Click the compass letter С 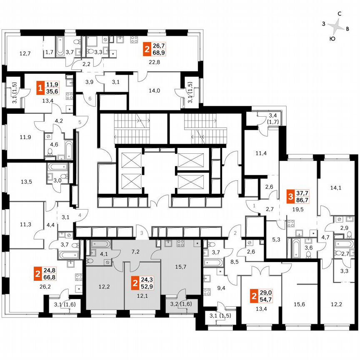point(340,14)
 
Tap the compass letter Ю point(332,39)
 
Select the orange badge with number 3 point(291,196)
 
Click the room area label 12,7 point(25,53)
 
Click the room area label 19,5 point(297,211)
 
